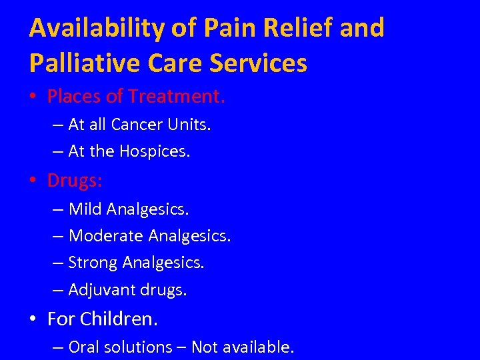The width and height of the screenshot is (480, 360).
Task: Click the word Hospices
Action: click(155, 151)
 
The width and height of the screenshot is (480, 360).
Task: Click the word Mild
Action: click(85, 209)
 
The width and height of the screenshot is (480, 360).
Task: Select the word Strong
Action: click(93, 263)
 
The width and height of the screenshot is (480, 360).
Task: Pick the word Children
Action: click(119, 319)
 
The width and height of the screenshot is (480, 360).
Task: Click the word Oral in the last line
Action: click(82, 347)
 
